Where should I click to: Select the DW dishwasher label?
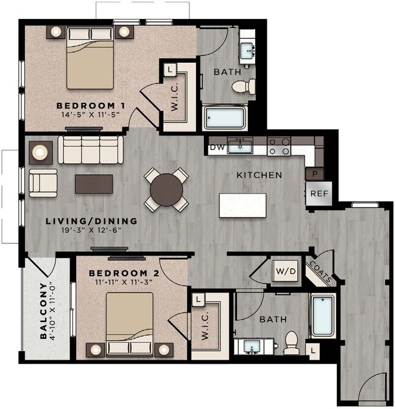216,147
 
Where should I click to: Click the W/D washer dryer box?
285,271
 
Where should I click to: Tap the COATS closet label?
320,271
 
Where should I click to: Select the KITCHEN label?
260,175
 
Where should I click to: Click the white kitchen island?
242,205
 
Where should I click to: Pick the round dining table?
166,189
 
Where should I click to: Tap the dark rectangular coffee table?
94,184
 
